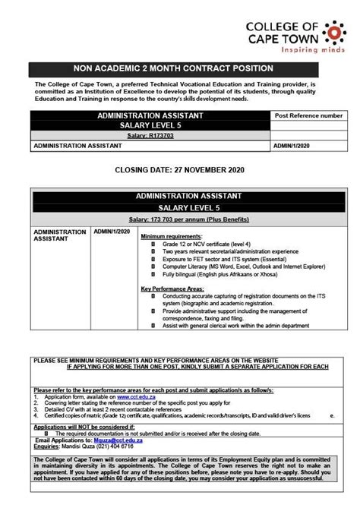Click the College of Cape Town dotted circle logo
pos(333,30)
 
